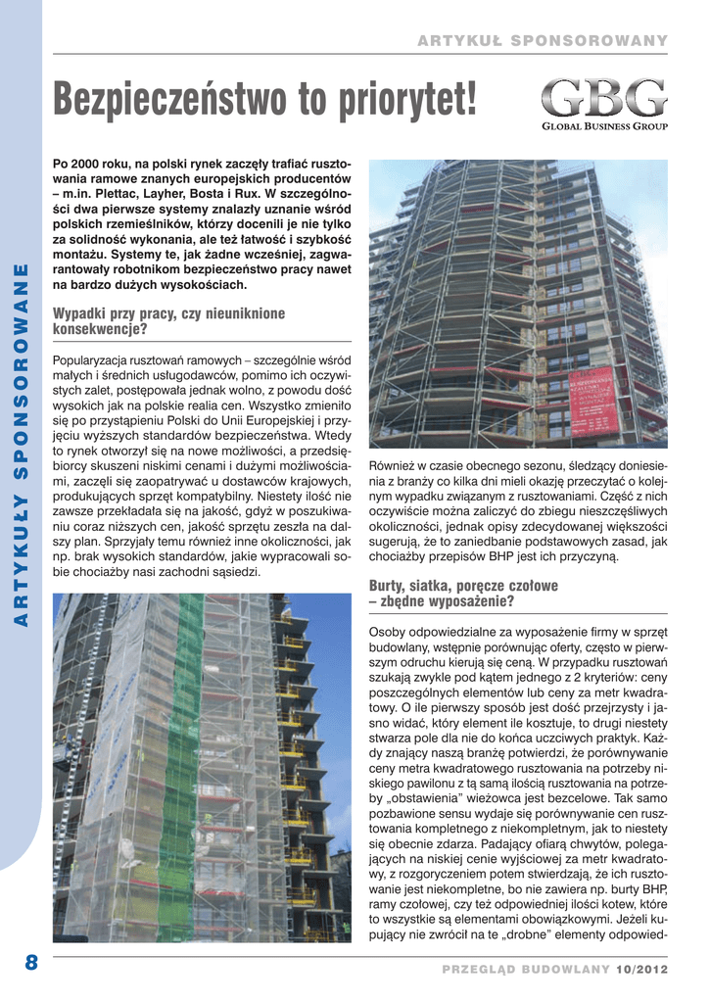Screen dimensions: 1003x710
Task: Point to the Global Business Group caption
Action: (604, 126)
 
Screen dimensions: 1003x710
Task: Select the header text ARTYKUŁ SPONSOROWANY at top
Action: (543, 40)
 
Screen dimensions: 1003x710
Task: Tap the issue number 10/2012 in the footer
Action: (642, 969)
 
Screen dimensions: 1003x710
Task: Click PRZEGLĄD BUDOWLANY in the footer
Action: (526, 969)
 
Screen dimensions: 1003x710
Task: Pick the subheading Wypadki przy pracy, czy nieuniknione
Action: (168, 313)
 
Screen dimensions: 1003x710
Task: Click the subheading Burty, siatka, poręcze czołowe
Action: (463, 586)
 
